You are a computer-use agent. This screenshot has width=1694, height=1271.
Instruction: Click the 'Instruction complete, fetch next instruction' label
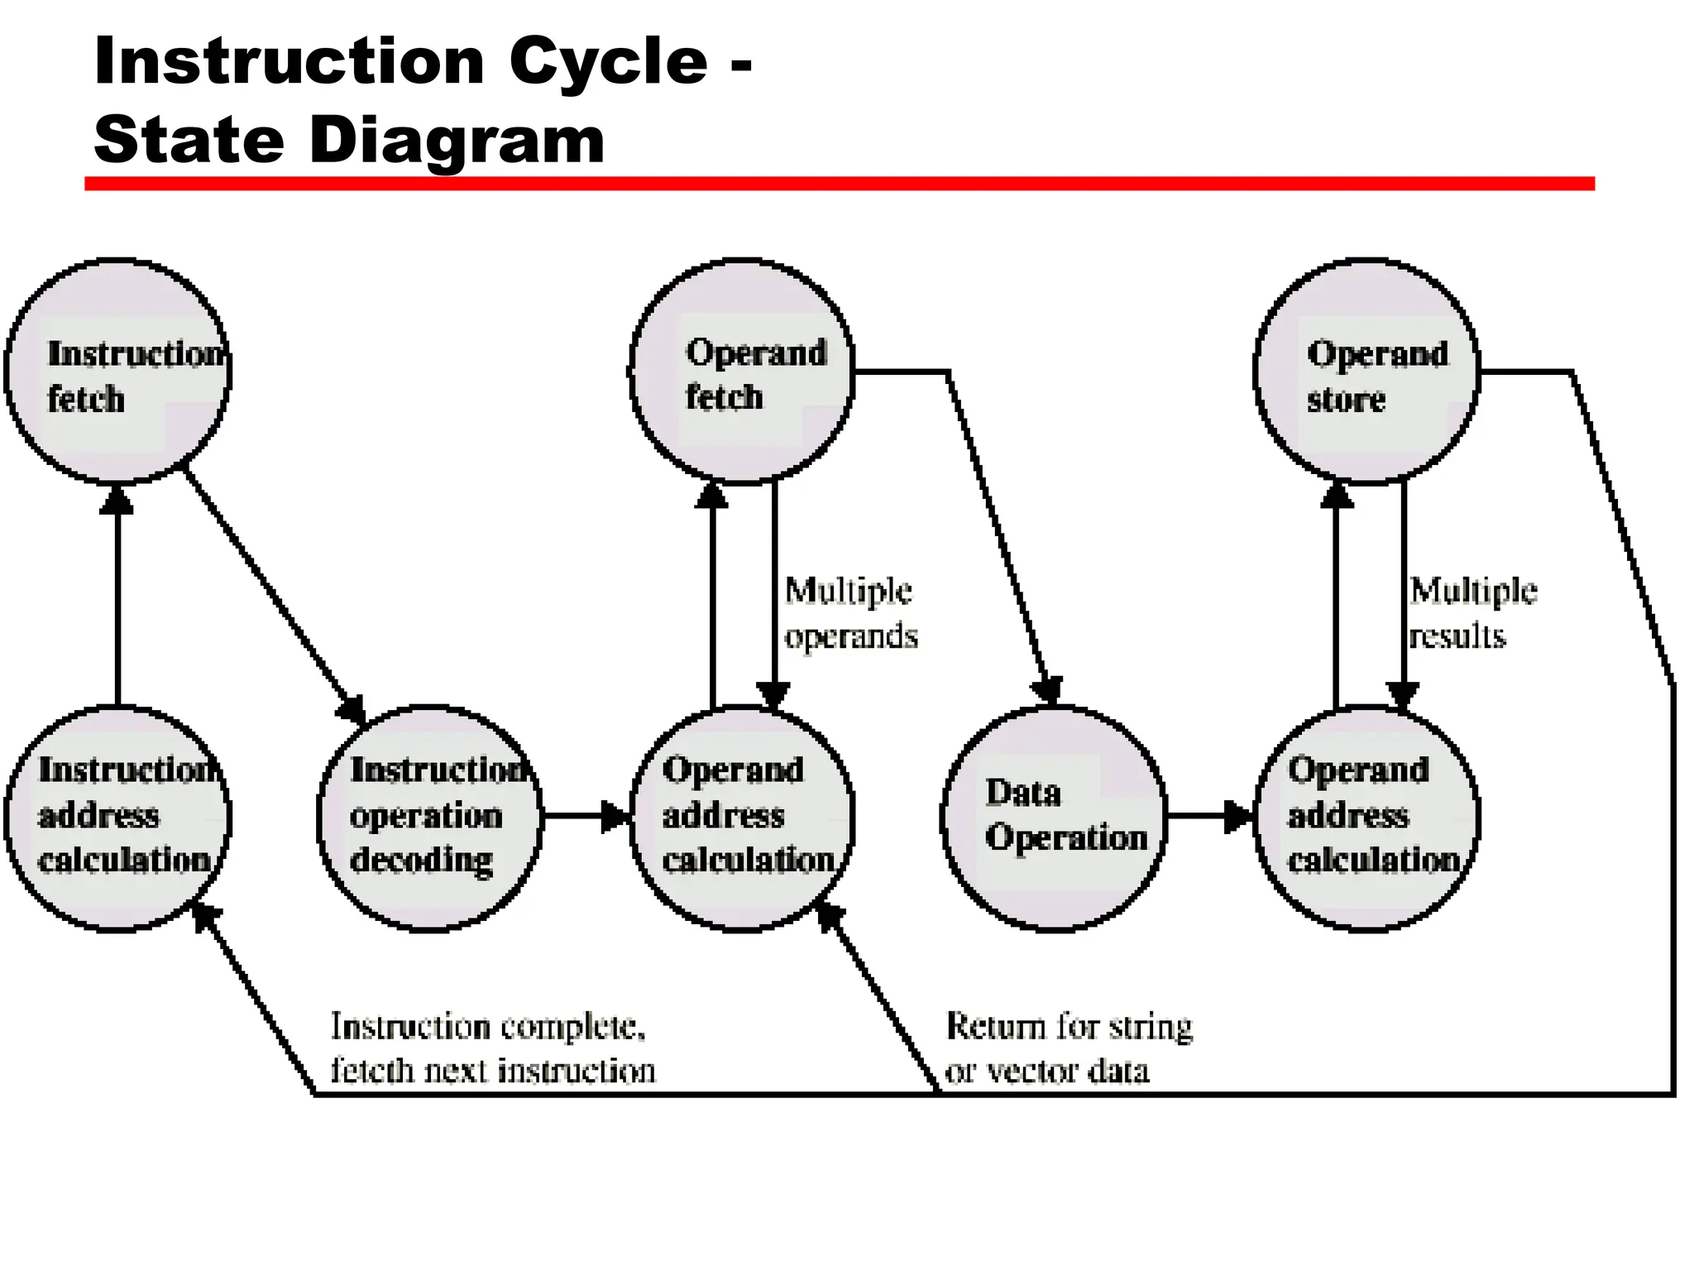tap(492, 1048)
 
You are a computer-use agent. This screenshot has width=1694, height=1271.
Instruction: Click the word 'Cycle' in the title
tap(608, 63)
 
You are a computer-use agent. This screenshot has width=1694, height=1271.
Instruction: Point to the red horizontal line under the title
tap(839, 184)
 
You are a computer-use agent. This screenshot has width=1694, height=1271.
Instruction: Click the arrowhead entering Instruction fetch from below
tap(117, 499)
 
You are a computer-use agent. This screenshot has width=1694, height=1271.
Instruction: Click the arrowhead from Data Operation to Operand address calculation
tap(1239, 816)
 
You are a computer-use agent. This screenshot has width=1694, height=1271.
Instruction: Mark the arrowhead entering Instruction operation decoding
tap(352, 710)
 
